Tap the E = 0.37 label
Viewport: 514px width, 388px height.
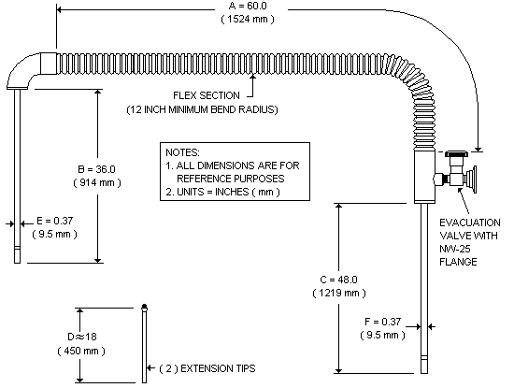(52, 221)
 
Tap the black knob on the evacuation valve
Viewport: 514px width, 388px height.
(457, 153)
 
